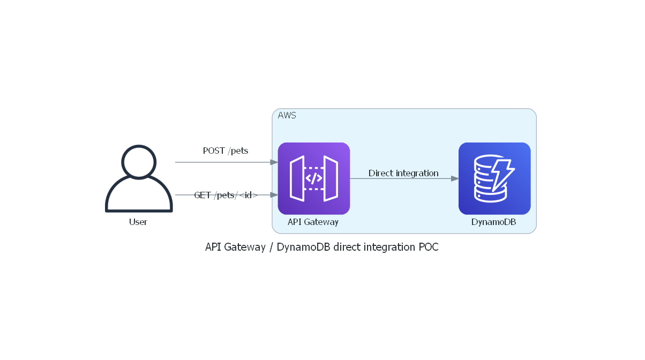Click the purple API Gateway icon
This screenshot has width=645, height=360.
point(313,178)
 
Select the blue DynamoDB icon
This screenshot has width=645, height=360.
point(494,178)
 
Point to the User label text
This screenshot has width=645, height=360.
point(138,222)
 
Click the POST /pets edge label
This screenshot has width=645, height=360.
point(226,151)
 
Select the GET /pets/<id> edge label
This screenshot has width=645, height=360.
point(226,195)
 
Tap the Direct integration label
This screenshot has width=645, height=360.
point(403,173)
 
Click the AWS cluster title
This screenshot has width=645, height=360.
point(287,115)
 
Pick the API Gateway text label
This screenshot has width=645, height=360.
point(313,222)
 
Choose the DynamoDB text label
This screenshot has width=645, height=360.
point(493,222)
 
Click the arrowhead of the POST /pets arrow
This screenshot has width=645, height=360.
point(273,162)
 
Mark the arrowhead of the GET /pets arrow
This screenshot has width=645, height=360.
point(273,195)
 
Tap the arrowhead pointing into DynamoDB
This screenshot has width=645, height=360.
point(454,178)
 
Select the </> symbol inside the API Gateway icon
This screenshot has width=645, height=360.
point(313,178)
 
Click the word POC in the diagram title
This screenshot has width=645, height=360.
point(429,247)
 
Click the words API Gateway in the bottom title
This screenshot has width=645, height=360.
point(235,247)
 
